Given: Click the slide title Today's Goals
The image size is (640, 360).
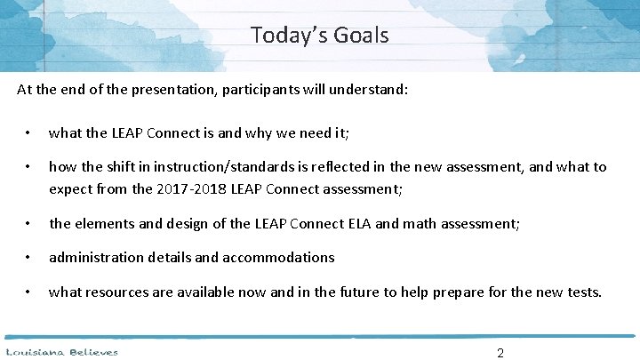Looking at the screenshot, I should [319, 36].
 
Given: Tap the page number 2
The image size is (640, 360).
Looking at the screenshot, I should [500, 353].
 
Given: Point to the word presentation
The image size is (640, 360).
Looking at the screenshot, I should [167, 90].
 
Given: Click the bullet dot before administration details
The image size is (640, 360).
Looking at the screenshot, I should [28, 258].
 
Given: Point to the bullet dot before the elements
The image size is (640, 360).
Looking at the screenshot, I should [28, 224].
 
